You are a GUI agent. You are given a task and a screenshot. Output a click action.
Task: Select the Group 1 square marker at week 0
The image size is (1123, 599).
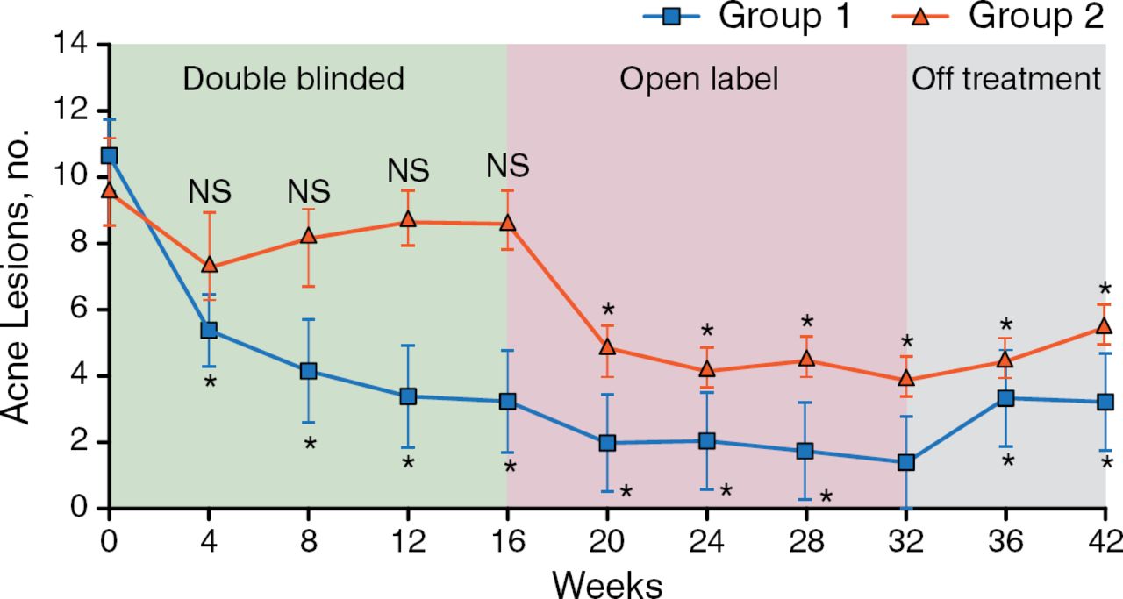pyautogui.click(x=109, y=156)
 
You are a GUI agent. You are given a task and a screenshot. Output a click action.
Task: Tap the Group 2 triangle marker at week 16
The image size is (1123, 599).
pyautogui.click(x=507, y=223)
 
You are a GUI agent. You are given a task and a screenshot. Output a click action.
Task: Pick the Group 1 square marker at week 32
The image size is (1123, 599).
pyautogui.click(x=906, y=462)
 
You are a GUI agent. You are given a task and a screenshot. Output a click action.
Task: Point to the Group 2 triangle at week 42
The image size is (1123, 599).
pyautogui.click(x=1105, y=326)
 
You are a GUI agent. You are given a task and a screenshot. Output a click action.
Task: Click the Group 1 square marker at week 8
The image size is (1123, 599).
pyautogui.click(x=308, y=371)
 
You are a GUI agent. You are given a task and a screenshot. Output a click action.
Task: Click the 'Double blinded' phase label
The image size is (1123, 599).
pyautogui.click(x=293, y=80)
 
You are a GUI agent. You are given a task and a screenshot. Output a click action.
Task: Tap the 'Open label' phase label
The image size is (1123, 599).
pyautogui.click(x=698, y=80)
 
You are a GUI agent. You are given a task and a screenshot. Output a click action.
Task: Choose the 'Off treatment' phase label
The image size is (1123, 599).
pyautogui.click(x=1006, y=80)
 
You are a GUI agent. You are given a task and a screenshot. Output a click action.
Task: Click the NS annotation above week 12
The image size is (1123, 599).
pyautogui.click(x=408, y=170)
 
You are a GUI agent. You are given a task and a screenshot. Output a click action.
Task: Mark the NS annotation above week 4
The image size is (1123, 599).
pyautogui.click(x=209, y=192)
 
